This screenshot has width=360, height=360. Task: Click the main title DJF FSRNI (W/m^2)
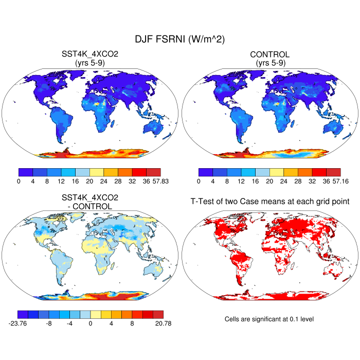click(179, 39)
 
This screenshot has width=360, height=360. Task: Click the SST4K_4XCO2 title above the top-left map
click(90, 54)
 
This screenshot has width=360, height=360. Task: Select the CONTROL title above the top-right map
click(269, 54)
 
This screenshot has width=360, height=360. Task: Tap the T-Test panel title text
click(269, 202)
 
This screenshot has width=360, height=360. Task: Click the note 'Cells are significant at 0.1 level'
click(269, 319)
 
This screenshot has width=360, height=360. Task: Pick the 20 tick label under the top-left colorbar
click(90, 181)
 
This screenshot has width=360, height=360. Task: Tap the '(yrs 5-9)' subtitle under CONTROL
click(269, 63)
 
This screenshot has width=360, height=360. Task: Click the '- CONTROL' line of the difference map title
click(90, 206)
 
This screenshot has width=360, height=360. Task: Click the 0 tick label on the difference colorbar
click(91, 324)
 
